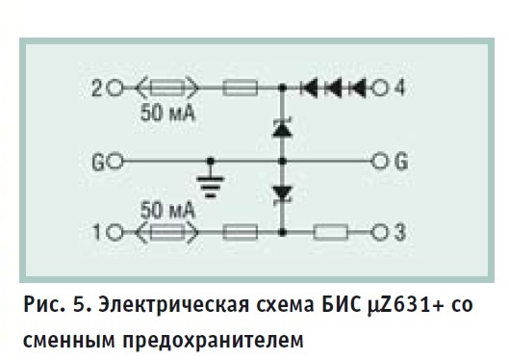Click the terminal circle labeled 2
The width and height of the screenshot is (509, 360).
[115, 88]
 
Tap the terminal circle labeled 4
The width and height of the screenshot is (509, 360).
[379, 88]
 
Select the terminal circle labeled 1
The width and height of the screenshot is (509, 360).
[115, 232]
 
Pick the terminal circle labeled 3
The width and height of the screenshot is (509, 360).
[379, 232]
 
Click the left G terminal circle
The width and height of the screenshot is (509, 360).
[115, 162]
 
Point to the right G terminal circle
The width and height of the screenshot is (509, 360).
[379, 162]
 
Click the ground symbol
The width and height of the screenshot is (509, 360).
[211, 187]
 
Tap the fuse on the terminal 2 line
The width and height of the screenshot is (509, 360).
[166, 88]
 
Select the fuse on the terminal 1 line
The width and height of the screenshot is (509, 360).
[166, 232]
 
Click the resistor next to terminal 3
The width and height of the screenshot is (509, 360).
[330, 232]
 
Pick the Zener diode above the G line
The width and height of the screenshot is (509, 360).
[283, 128]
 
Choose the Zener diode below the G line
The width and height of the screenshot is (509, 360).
[283, 195]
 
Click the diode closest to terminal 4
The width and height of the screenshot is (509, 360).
[357, 88]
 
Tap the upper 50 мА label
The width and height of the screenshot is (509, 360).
[167, 114]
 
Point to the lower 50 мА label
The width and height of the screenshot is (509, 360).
[167, 210]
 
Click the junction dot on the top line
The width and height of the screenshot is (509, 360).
[283, 88]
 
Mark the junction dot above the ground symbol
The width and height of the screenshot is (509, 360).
[211, 161]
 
